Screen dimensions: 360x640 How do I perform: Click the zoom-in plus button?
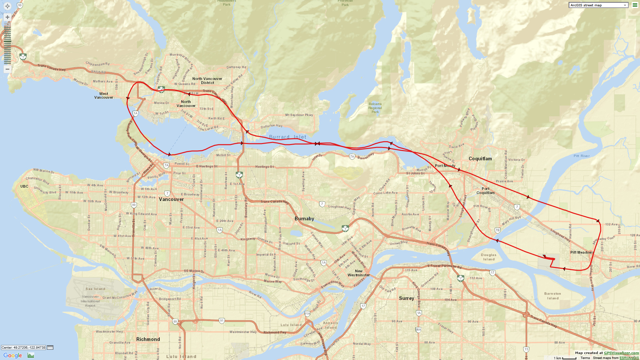coord(7,17)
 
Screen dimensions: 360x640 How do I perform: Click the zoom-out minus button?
coord(7,69)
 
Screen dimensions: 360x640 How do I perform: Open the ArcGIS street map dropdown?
coord(598,5)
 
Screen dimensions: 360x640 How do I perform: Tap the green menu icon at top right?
coord(635,5)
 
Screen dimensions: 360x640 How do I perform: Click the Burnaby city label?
coord(304,219)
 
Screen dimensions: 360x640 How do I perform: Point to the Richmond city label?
coord(148,339)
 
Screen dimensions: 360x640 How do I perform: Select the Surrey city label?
coord(406,298)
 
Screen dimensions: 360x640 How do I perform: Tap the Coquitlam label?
coord(480,159)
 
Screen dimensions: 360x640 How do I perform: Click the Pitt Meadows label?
coord(582,252)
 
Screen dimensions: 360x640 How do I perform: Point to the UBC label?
coord(24,186)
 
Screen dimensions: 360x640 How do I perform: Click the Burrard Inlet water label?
coord(287,137)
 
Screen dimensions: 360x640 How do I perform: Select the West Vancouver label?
coord(104,96)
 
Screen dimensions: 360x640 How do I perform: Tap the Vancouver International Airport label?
coord(90,301)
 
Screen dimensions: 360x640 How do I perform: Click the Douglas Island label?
coord(489,257)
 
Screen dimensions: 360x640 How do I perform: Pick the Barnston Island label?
coord(552,296)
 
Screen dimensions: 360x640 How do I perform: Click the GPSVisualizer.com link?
coord(621,353)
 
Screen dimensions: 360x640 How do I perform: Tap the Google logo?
coord(13,355)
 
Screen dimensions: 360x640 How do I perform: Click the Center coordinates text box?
coord(23,347)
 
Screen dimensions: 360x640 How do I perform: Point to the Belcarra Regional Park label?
coord(375,108)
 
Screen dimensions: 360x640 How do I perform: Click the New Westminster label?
coord(359,273)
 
